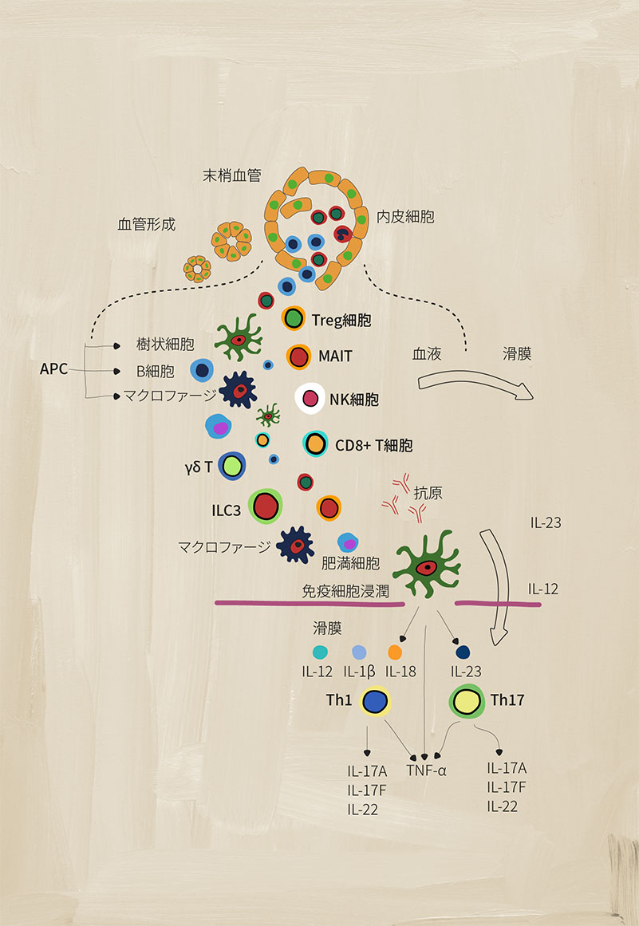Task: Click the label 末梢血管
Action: tap(231, 175)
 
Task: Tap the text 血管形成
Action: tap(147, 224)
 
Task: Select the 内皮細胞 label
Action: tap(406, 217)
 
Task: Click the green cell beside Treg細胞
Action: tap(294, 319)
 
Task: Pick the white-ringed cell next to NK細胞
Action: tap(310, 398)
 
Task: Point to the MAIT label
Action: tap(335, 356)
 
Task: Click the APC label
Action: tap(53, 369)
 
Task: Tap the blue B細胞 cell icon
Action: tap(202, 370)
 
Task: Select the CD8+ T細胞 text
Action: tap(374, 445)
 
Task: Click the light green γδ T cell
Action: tap(232, 467)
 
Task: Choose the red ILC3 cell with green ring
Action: tap(266, 506)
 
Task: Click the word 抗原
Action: tap(428, 493)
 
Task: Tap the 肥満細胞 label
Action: tap(350, 563)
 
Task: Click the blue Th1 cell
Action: tap(375, 702)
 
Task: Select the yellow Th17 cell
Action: tap(467, 702)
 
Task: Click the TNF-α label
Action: tap(426, 770)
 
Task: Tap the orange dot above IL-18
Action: tap(395, 652)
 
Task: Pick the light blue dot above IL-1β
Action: tap(359, 652)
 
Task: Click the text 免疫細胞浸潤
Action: tap(345, 591)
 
